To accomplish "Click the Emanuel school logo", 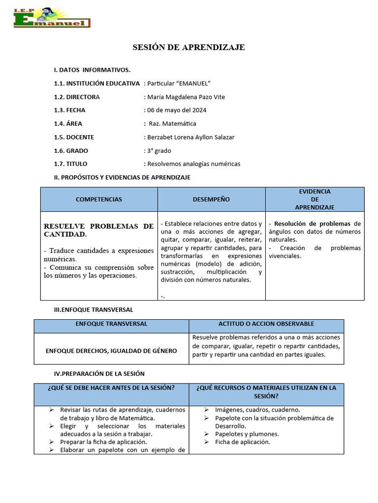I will coord(52,18).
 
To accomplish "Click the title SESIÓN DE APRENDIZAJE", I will coord(189,47).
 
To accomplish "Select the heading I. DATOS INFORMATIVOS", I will coord(92,70).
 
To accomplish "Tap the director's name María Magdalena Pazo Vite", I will coord(186,97).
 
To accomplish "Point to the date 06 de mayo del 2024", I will coord(176,110).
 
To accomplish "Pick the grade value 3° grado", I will coord(158,151).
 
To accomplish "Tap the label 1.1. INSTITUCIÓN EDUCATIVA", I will coord(96,84).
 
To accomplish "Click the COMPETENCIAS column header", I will coord(99,199).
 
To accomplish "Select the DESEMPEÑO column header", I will coord(211,199).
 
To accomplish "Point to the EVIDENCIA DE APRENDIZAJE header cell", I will coord(315,199).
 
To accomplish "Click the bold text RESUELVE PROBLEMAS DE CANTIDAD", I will coord(98,230).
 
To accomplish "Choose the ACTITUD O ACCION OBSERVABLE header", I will coord(266,324).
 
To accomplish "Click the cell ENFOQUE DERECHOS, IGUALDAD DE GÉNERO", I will coord(111,351).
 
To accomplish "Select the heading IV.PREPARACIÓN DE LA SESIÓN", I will coord(99,374).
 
